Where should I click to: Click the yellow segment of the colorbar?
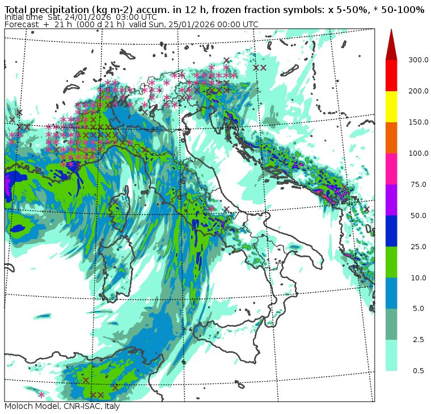click(x=391, y=106)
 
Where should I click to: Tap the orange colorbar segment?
click(x=391, y=138)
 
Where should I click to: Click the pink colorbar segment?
click(x=391, y=169)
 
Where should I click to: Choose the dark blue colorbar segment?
click(x=391, y=231)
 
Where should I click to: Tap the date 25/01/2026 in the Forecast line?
click(x=197, y=24)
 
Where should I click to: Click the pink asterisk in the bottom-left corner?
click(x=41, y=395)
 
